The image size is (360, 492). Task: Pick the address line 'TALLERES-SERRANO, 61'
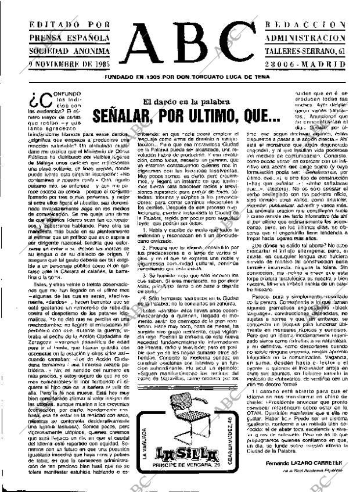coord(307,51)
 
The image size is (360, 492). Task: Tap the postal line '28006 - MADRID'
coord(307,64)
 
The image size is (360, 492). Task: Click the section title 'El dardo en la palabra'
coord(181,102)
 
